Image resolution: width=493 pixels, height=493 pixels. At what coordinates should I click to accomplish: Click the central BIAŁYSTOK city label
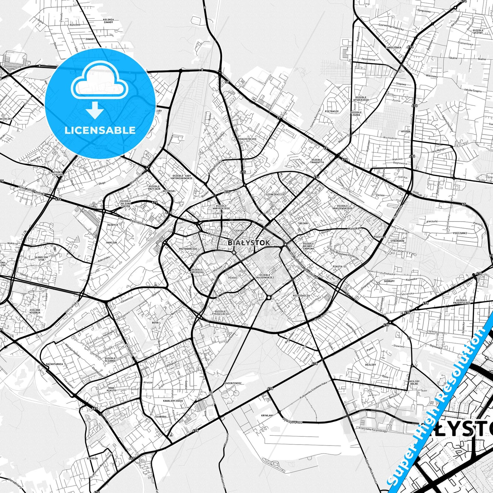(248, 243)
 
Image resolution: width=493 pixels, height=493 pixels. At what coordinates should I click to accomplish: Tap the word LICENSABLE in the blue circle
(100, 130)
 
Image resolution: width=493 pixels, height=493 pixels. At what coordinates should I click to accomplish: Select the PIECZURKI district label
(460, 233)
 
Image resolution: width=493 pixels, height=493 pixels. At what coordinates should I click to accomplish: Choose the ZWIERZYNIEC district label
(233, 383)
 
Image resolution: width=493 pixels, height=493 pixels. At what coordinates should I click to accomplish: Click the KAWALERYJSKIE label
(173, 401)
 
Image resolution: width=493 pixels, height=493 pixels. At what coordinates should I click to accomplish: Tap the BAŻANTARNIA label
(55, 364)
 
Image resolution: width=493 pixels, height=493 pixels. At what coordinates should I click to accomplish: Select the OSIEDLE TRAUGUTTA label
(317, 161)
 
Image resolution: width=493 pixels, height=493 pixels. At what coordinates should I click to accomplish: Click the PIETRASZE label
(332, 111)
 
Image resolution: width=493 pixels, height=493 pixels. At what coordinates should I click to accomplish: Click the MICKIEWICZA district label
(301, 295)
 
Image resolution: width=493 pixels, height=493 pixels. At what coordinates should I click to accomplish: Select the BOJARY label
(304, 223)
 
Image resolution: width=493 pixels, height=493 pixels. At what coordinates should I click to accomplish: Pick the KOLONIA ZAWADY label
(108, 21)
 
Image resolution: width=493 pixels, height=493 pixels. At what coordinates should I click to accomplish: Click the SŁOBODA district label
(160, 417)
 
